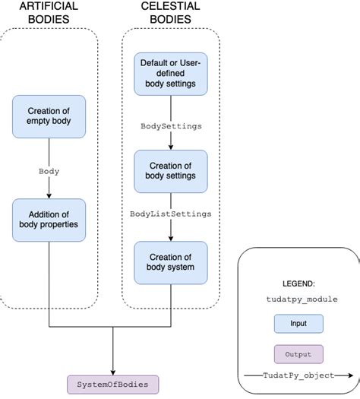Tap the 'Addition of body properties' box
[49, 218]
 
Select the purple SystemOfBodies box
[113, 382]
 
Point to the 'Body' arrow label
[49, 171]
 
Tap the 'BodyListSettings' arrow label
[170, 215]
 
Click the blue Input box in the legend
[298, 324]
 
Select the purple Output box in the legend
[298, 354]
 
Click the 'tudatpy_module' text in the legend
[298, 299]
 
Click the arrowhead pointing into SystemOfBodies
[113, 369]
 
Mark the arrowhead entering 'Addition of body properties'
[49, 195]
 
